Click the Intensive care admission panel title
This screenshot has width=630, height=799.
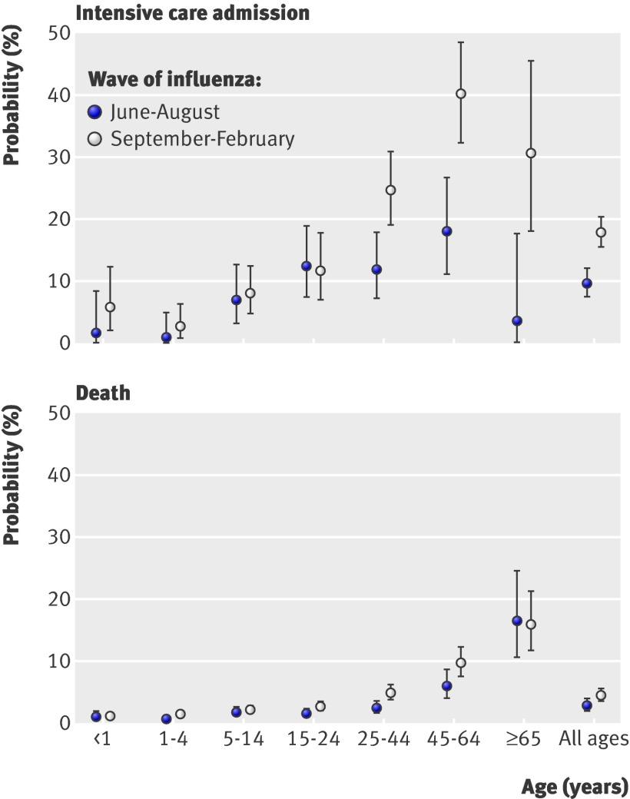[192, 13]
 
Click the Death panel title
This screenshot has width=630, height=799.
[102, 393]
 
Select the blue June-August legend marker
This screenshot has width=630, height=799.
[95, 112]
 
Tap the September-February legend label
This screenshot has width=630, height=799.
[202, 139]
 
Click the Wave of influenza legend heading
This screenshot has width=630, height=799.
[174, 79]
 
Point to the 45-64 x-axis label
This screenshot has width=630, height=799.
[454, 739]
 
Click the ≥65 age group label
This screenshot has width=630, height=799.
[523, 739]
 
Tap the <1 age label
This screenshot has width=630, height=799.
[102, 739]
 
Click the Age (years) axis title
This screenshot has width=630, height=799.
[575, 787]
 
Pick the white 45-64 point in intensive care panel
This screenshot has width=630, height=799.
[461, 94]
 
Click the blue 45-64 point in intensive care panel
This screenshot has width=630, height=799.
[446, 231]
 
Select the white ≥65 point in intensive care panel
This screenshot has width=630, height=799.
[531, 153]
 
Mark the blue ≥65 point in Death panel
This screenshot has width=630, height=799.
[517, 621]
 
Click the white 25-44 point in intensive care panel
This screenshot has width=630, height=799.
[390, 190]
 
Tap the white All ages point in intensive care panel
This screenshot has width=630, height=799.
[601, 232]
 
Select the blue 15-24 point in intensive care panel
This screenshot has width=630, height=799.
[306, 266]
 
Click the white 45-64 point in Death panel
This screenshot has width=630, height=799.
[461, 662]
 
